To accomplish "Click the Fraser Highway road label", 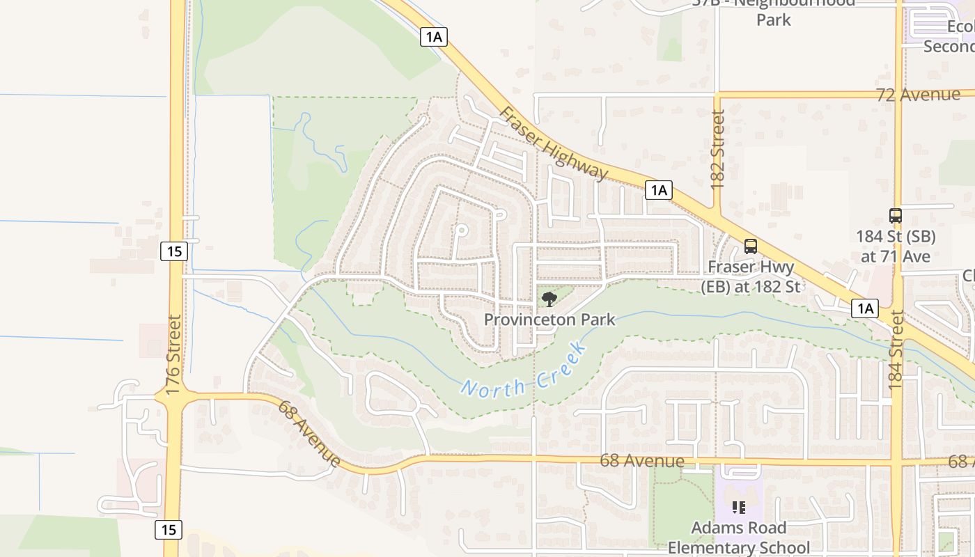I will pos(553,143).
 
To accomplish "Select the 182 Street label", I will pos(718,150).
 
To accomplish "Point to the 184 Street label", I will pos(896,350).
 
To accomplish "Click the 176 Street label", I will pos(174,355).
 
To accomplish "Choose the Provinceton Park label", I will pos(549,320).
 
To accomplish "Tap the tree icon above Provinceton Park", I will pos(549,299).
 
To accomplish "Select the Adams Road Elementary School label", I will pos(738,538).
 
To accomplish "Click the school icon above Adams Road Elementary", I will pos(738,508).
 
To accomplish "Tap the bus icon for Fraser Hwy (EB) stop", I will pos(750,246).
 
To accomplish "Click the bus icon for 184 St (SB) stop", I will pos(896,216).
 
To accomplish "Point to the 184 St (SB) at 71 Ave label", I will pos(896,246).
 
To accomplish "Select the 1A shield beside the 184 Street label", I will pos(864,308).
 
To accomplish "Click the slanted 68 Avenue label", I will pos(309,433).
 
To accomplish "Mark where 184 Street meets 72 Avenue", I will pos(898,93).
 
